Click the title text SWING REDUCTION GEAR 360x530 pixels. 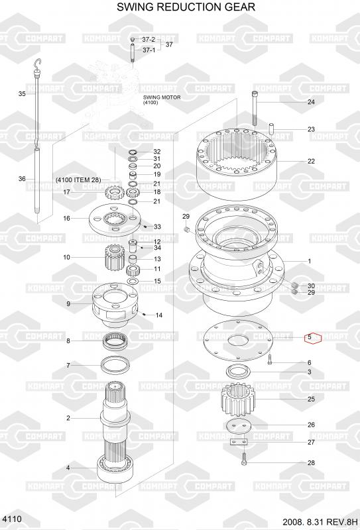[x=186, y=7]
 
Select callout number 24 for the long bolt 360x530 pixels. [x=311, y=102]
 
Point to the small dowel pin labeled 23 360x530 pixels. [x=271, y=129]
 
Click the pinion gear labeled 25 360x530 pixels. [x=238, y=400]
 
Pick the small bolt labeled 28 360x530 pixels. [x=244, y=458]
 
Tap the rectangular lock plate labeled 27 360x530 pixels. [x=239, y=442]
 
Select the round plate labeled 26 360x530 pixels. [x=239, y=426]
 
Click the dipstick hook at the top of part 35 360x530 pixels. [x=38, y=62]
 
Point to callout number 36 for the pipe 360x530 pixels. [x=22, y=178]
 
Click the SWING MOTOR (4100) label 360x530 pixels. [x=162, y=99]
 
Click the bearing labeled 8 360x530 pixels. [x=115, y=341]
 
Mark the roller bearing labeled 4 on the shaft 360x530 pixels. [x=115, y=468]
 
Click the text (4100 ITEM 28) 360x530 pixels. [x=78, y=180]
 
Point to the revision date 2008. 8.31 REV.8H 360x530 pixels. [x=320, y=521]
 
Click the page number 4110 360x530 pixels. [x=12, y=519]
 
